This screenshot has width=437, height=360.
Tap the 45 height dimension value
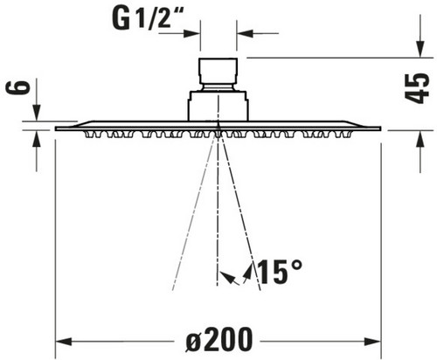[x=417, y=88]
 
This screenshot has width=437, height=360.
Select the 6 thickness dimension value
[x=18, y=87]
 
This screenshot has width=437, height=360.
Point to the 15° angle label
[x=280, y=272]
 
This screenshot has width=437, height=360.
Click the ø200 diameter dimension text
[x=218, y=340]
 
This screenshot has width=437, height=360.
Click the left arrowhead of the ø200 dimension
[x=64, y=341]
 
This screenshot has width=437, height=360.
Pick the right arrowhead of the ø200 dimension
[x=372, y=341]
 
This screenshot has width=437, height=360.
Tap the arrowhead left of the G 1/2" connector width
[x=192, y=33]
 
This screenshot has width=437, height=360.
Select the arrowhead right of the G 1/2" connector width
[x=245, y=33]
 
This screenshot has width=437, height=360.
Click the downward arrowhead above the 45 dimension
[x=420, y=50]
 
